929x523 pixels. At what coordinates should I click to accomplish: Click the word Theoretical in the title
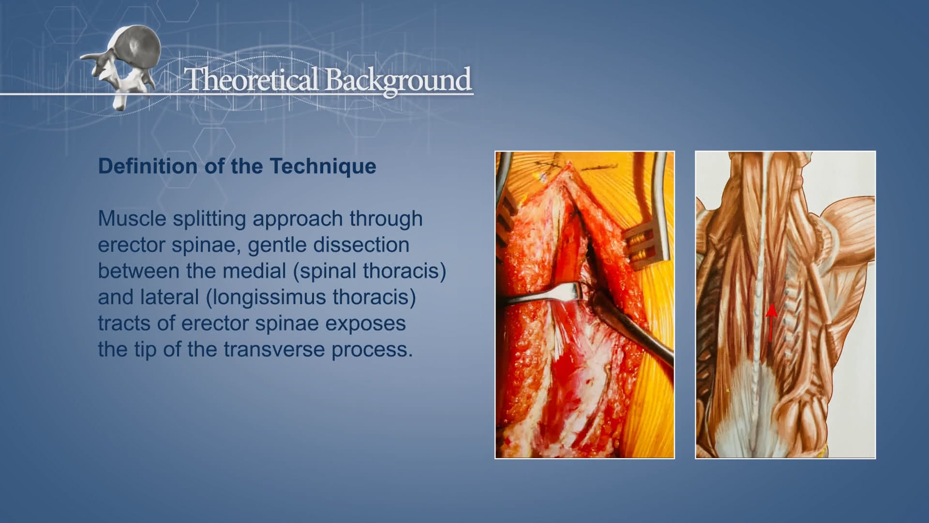point(252,79)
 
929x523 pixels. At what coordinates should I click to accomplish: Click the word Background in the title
point(398,80)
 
